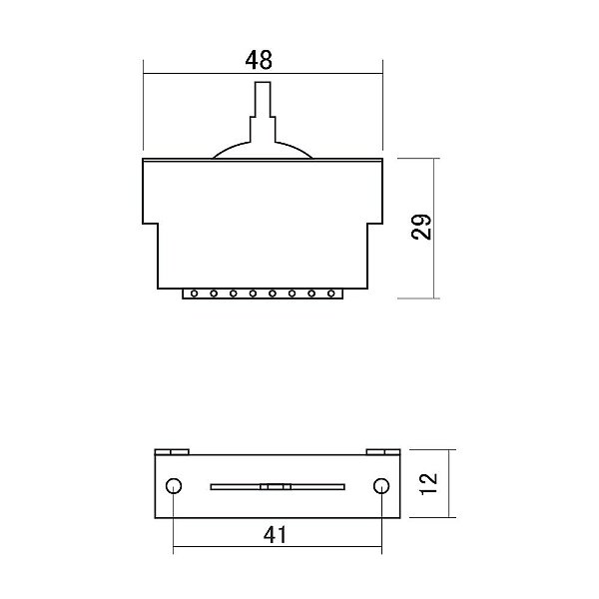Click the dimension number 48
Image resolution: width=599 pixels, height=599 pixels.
[x=260, y=59]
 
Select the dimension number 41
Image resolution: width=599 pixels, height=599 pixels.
[x=276, y=534]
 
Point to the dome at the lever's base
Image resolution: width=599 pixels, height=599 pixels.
[x=263, y=149]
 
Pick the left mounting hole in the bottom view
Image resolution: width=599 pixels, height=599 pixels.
[x=174, y=486]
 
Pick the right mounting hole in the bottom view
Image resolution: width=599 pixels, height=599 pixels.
[x=379, y=486]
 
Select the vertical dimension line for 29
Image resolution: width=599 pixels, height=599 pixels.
[x=435, y=229]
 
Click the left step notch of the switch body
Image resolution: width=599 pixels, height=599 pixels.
[x=152, y=225]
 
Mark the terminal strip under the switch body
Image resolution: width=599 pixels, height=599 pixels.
[x=263, y=294]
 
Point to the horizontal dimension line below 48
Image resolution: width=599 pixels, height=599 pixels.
[x=263, y=73]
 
